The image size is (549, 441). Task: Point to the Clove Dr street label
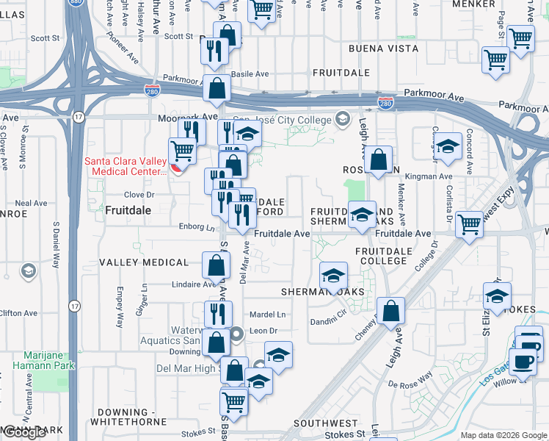pyautogui.click(x=139, y=195)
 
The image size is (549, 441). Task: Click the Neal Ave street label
pyautogui.click(x=31, y=204)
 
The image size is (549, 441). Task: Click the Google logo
pyautogui.click(x=23, y=432)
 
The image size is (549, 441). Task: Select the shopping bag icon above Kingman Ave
pyautogui.click(x=379, y=159)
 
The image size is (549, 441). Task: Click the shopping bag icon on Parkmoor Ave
pyautogui.click(x=217, y=88)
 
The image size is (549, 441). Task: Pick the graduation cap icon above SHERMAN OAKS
pyautogui.click(x=333, y=276)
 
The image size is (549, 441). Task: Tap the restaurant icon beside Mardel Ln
pyautogui.click(x=218, y=315)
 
